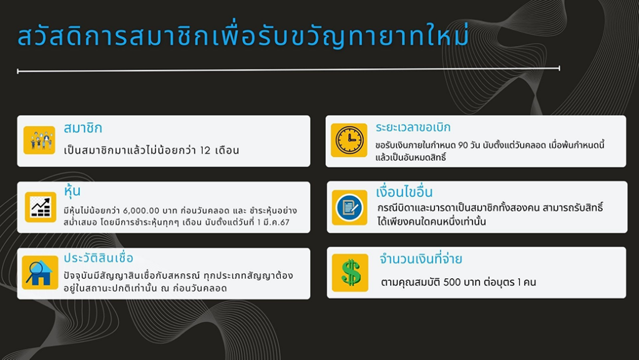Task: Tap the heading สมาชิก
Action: (83, 128)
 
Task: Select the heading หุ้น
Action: (72, 190)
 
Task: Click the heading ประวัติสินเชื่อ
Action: (98, 258)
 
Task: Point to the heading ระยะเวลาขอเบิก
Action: (413, 127)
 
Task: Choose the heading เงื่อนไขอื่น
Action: (404, 192)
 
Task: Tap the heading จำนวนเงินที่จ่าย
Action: (421, 258)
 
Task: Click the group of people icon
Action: (39, 140)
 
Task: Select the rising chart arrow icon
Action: (41, 207)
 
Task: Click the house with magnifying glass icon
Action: (40, 273)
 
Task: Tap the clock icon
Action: (349, 140)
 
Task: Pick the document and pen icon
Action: (349, 207)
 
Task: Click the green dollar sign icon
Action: (350, 273)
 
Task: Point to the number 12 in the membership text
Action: (205, 150)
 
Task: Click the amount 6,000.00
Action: (141, 210)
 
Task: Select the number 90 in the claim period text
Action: (463, 145)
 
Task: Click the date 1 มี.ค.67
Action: (273, 222)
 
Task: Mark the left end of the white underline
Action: (17, 72)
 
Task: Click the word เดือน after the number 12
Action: (227, 150)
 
